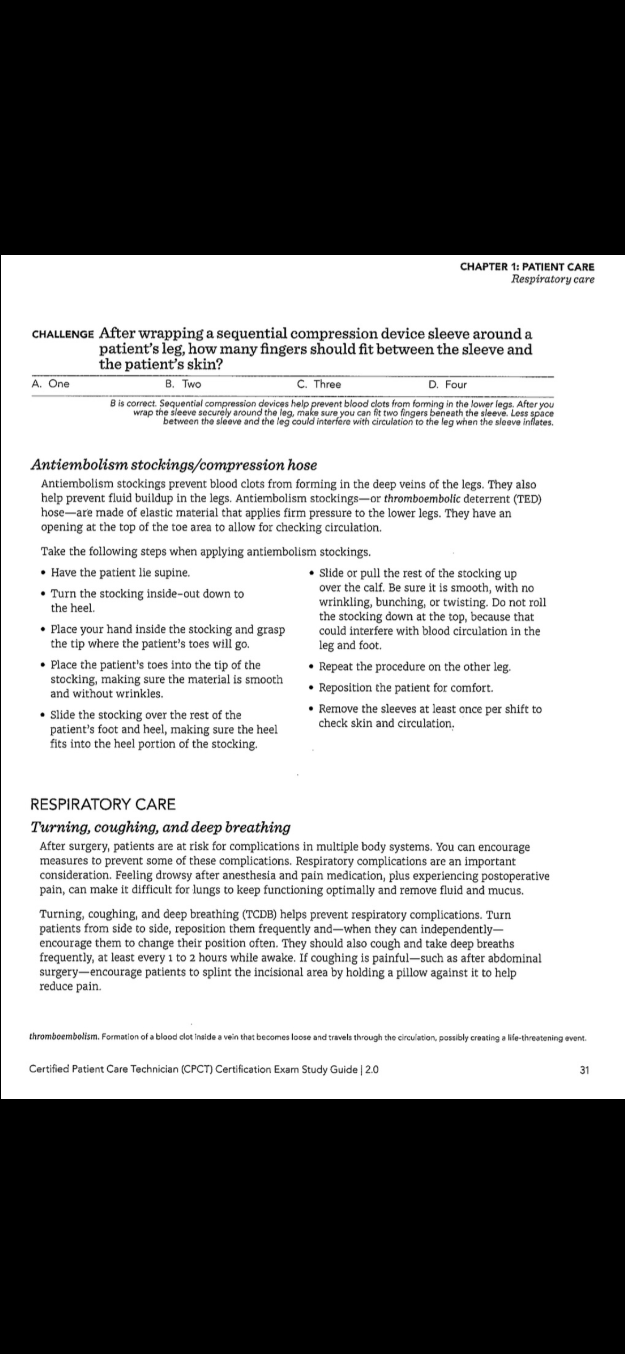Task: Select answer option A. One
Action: pos(51,384)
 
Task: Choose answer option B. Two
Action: pos(183,384)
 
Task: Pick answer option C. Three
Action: pos(319,384)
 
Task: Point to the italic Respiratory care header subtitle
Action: pos(553,280)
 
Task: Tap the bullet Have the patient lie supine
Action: pos(121,573)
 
